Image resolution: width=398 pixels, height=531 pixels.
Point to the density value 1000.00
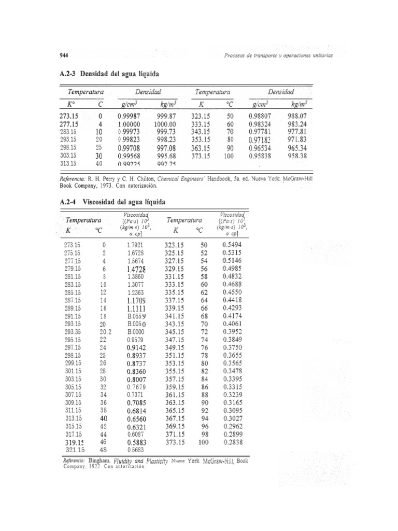click(x=165, y=124)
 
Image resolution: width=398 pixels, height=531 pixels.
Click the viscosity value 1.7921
click(x=137, y=244)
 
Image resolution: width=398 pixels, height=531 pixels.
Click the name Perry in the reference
click(x=115, y=177)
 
